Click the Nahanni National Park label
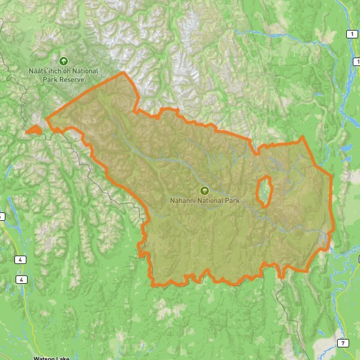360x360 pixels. (204, 201)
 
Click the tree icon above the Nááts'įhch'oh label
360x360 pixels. (64, 61)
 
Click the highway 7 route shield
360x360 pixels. (342, 343)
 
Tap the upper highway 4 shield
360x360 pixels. (22, 259)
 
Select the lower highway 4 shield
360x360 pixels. (22, 280)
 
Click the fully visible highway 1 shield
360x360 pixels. (350, 34)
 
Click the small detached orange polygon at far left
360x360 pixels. (34, 129)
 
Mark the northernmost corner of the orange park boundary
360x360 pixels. (124, 73)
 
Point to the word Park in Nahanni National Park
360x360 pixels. (232, 201)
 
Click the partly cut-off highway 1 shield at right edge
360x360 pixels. (358, 61)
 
